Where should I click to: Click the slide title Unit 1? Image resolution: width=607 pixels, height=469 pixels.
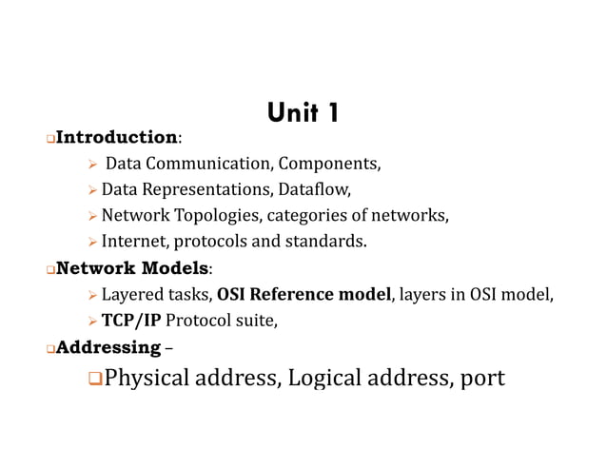(x=303, y=114)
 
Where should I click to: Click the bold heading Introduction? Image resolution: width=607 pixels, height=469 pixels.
(x=116, y=139)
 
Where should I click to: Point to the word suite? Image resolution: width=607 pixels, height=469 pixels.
(x=256, y=320)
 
